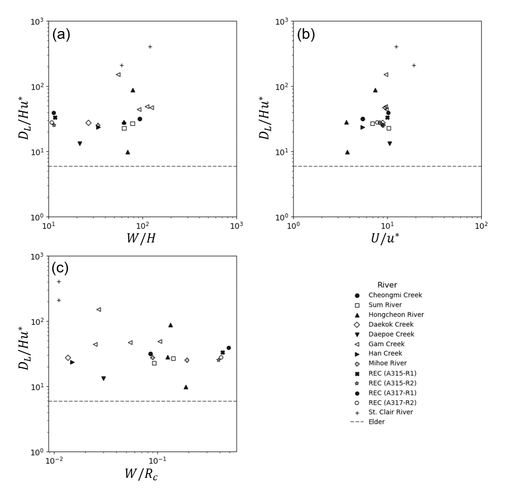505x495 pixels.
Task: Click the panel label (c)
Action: click(x=60, y=268)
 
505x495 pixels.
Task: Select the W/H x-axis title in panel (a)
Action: click(x=141, y=238)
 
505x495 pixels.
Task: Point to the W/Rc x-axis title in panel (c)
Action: click(x=141, y=474)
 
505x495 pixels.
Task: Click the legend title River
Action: click(x=387, y=285)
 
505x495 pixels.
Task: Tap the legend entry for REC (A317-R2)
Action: click(x=392, y=402)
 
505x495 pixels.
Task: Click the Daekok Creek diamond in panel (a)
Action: click(x=88, y=123)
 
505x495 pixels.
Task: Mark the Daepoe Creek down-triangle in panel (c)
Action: click(x=103, y=378)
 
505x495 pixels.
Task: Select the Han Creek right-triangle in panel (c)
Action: click(x=72, y=362)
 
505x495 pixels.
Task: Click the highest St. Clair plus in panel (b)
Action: click(x=396, y=47)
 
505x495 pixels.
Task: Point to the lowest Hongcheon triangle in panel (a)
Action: click(x=128, y=152)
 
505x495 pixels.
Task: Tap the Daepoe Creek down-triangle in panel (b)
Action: click(x=390, y=143)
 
